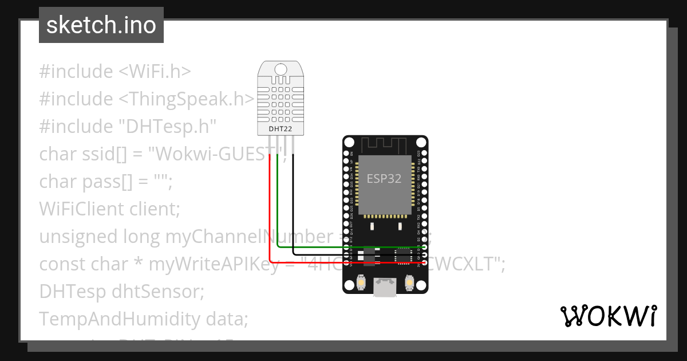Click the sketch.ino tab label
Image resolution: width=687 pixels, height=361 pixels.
[x=101, y=25]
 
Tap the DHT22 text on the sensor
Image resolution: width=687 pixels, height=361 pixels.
[x=281, y=130]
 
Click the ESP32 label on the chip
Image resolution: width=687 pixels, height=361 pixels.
[x=384, y=178]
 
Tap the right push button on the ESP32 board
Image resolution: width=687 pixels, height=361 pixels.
[x=409, y=282]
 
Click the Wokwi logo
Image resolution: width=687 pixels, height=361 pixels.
[x=608, y=316]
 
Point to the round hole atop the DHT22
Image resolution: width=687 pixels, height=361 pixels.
[x=281, y=69]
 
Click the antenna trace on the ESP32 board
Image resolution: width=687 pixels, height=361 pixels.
[x=385, y=146]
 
